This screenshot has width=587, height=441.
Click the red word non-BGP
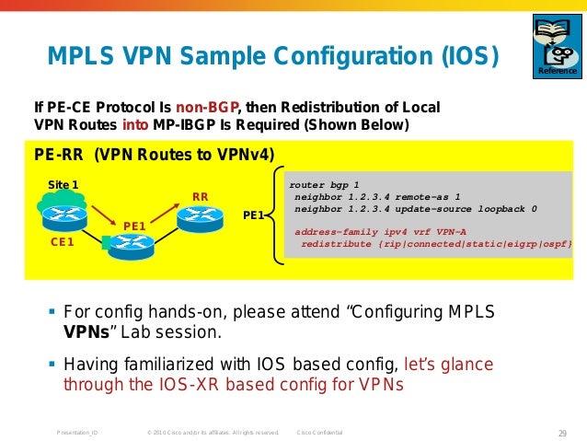213,106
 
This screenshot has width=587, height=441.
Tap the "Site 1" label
63,184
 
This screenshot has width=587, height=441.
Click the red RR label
200,196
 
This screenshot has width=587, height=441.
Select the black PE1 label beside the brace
254,215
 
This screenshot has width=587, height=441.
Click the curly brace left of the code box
274,214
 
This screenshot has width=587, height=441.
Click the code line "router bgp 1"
324,184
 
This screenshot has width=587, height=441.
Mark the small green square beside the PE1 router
107,244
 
